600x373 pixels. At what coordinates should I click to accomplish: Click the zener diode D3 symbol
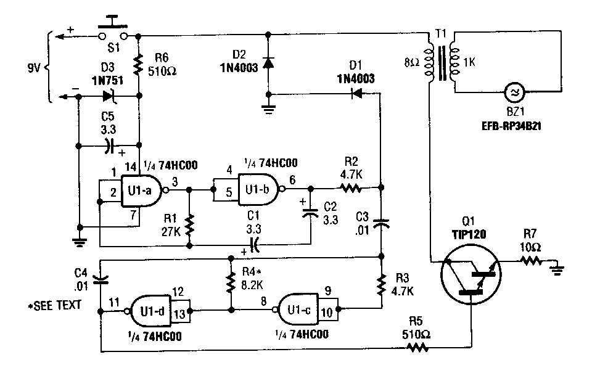[x=110, y=96]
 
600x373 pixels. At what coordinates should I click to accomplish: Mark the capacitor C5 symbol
[x=109, y=146]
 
